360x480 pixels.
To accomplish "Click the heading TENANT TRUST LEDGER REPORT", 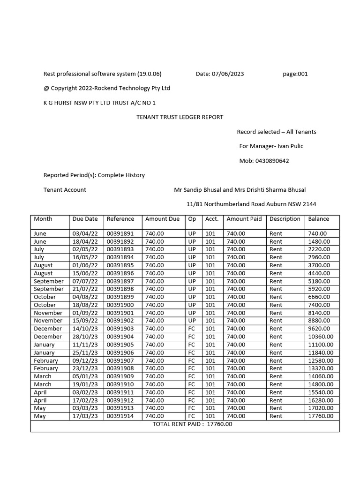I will [x=180, y=117].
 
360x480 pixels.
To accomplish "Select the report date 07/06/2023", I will [x=228, y=74].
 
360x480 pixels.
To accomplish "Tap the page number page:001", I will [x=295, y=74].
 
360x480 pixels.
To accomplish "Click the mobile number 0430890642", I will [x=272, y=161].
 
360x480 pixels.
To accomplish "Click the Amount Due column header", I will [x=162, y=219].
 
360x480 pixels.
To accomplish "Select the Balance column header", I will [x=318, y=219].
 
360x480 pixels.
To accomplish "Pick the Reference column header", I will [x=120, y=219].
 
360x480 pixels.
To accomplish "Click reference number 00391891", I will [x=120, y=233].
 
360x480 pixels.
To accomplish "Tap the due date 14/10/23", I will [x=85, y=329].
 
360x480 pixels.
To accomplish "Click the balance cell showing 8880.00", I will [x=319, y=321].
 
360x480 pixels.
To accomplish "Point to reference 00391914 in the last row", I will [x=120, y=416].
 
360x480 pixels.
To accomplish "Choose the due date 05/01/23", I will [x=85, y=376].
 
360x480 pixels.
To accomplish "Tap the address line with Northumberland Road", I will [x=251, y=204].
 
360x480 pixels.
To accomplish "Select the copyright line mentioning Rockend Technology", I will [x=107, y=88].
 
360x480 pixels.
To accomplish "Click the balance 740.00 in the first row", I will [x=317, y=233].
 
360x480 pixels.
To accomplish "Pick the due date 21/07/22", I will [x=85, y=289].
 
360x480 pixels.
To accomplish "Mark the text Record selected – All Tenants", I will [x=276, y=132].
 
